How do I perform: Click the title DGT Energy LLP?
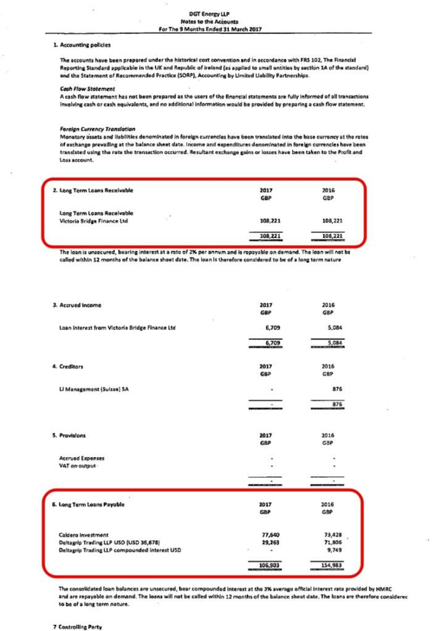click(209, 14)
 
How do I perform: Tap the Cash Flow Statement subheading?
click(87, 89)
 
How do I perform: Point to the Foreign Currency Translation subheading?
click(97, 129)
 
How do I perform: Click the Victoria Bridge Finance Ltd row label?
click(94, 221)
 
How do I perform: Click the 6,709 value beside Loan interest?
click(272, 328)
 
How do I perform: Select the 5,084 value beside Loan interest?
click(335, 328)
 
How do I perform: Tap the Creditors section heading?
click(71, 366)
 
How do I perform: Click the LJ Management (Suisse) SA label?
click(94, 389)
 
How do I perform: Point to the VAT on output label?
click(77, 466)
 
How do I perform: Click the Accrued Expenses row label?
click(82, 458)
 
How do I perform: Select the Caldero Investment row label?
click(84, 535)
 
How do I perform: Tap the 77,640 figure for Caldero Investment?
click(271, 535)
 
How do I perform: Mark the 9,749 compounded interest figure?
click(334, 550)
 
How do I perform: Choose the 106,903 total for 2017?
click(269, 565)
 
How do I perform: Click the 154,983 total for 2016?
click(331, 565)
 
